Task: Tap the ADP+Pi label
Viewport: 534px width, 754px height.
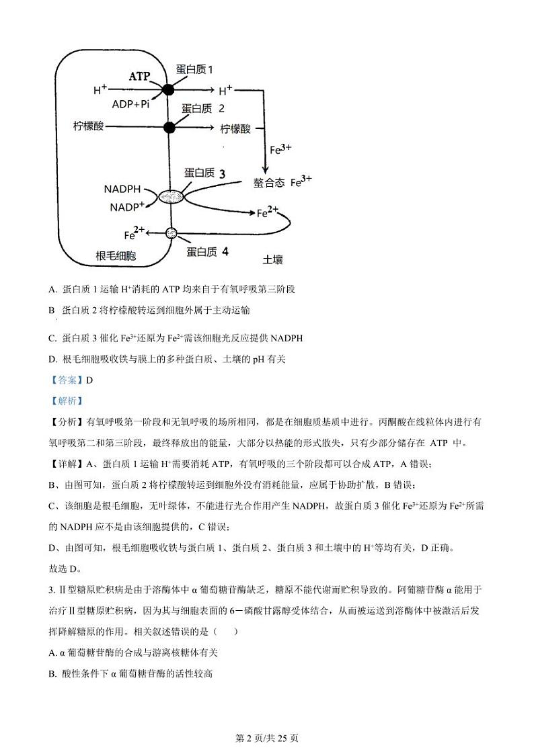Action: [130, 104]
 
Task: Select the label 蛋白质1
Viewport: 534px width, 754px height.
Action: [194, 70]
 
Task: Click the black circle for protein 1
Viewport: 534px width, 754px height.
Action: [168, 89]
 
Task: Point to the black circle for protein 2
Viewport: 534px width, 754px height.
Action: [169, 126]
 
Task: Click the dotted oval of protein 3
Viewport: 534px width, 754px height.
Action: [171, 197]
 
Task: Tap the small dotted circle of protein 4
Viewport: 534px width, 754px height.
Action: [171, 233]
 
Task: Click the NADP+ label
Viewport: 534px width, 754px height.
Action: [128, 207]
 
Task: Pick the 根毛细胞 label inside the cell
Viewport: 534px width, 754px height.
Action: [116, 256]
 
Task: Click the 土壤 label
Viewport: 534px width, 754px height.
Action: [273, 258]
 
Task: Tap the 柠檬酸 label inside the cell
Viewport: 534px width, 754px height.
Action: [89, 126]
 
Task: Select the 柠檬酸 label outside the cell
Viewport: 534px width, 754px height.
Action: [235, 128]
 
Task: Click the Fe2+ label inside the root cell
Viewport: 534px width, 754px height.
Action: [135, 234]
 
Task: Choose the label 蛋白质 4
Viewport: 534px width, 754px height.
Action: [207, 252]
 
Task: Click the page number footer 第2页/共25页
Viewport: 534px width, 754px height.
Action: [267, 738]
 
